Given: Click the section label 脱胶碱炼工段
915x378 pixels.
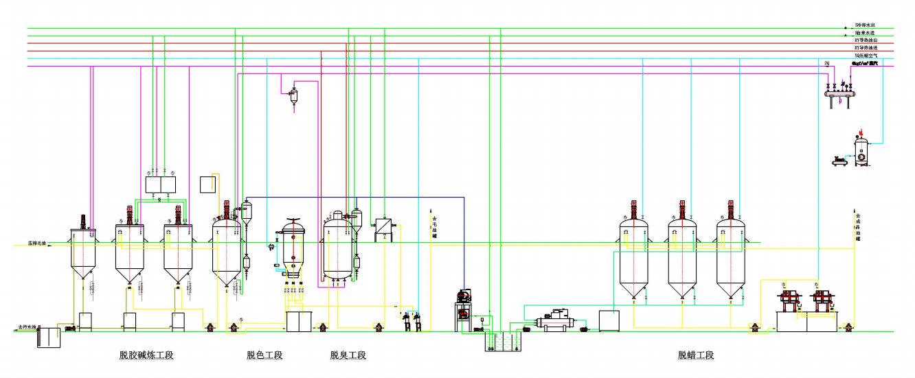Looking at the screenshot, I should [147, 355].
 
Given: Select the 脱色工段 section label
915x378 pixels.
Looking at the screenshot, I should [264, 355].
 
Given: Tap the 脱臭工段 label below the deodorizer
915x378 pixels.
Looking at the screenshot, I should [348, 355].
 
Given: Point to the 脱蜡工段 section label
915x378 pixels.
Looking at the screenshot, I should [696, 355].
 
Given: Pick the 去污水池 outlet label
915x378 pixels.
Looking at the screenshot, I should [27, 330].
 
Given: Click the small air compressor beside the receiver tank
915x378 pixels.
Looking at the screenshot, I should [839, 162].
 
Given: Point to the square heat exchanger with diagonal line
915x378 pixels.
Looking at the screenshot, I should [383, 228].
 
